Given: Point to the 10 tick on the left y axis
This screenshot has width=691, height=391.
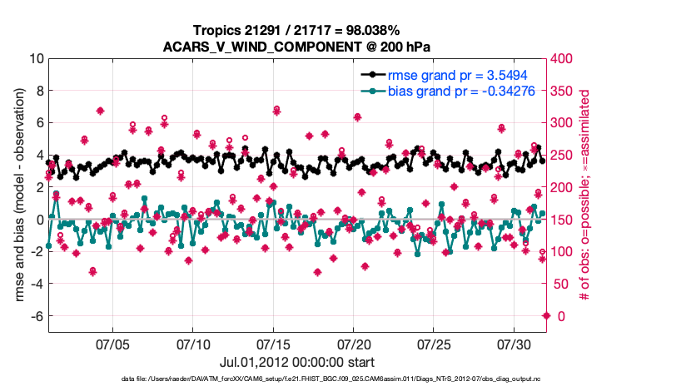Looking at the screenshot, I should (x=37, y=59).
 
